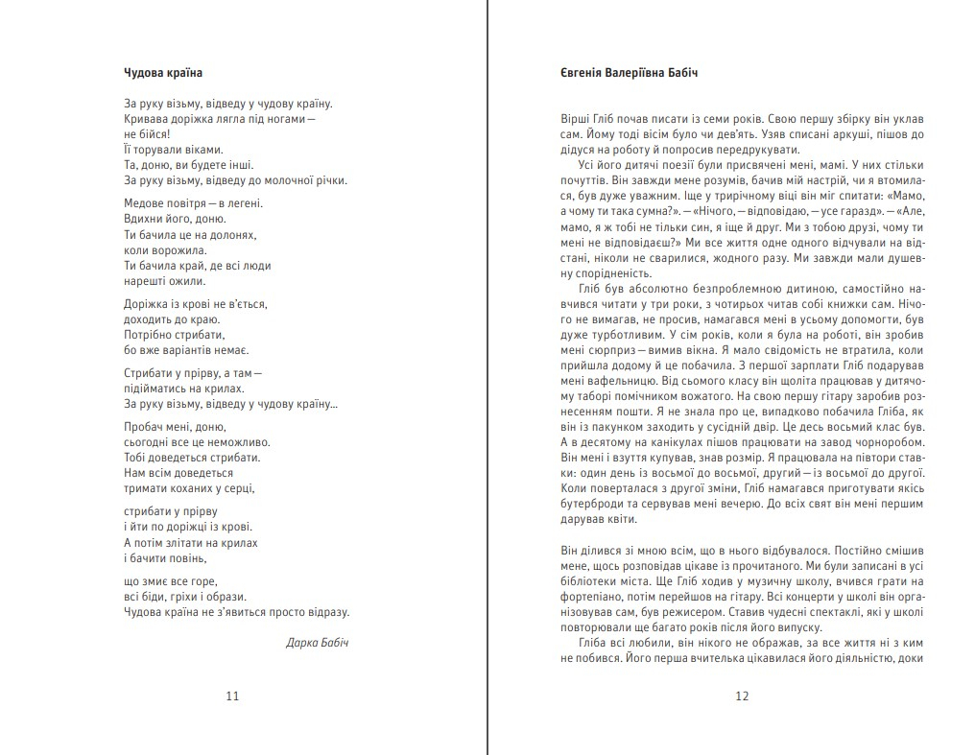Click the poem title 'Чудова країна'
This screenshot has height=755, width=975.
tap(163, 73)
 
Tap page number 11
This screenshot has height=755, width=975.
tap(232, 696)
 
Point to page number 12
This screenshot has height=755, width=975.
tap(741, 696)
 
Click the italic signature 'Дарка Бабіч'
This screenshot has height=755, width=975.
tap(318, 642)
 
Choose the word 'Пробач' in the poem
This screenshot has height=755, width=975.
tap(144, 426)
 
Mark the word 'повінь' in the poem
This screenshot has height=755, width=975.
tap(185, 557)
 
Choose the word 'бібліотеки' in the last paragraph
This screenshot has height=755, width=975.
tap(591, 581)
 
